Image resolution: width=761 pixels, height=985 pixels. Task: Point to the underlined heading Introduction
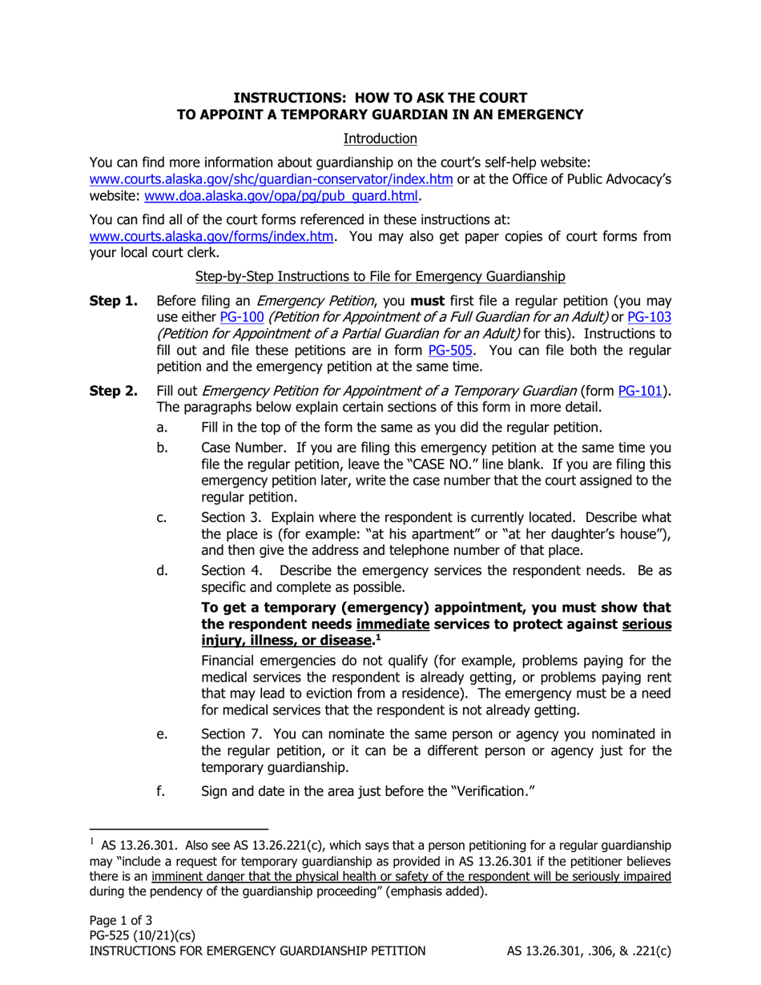[380, 139]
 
